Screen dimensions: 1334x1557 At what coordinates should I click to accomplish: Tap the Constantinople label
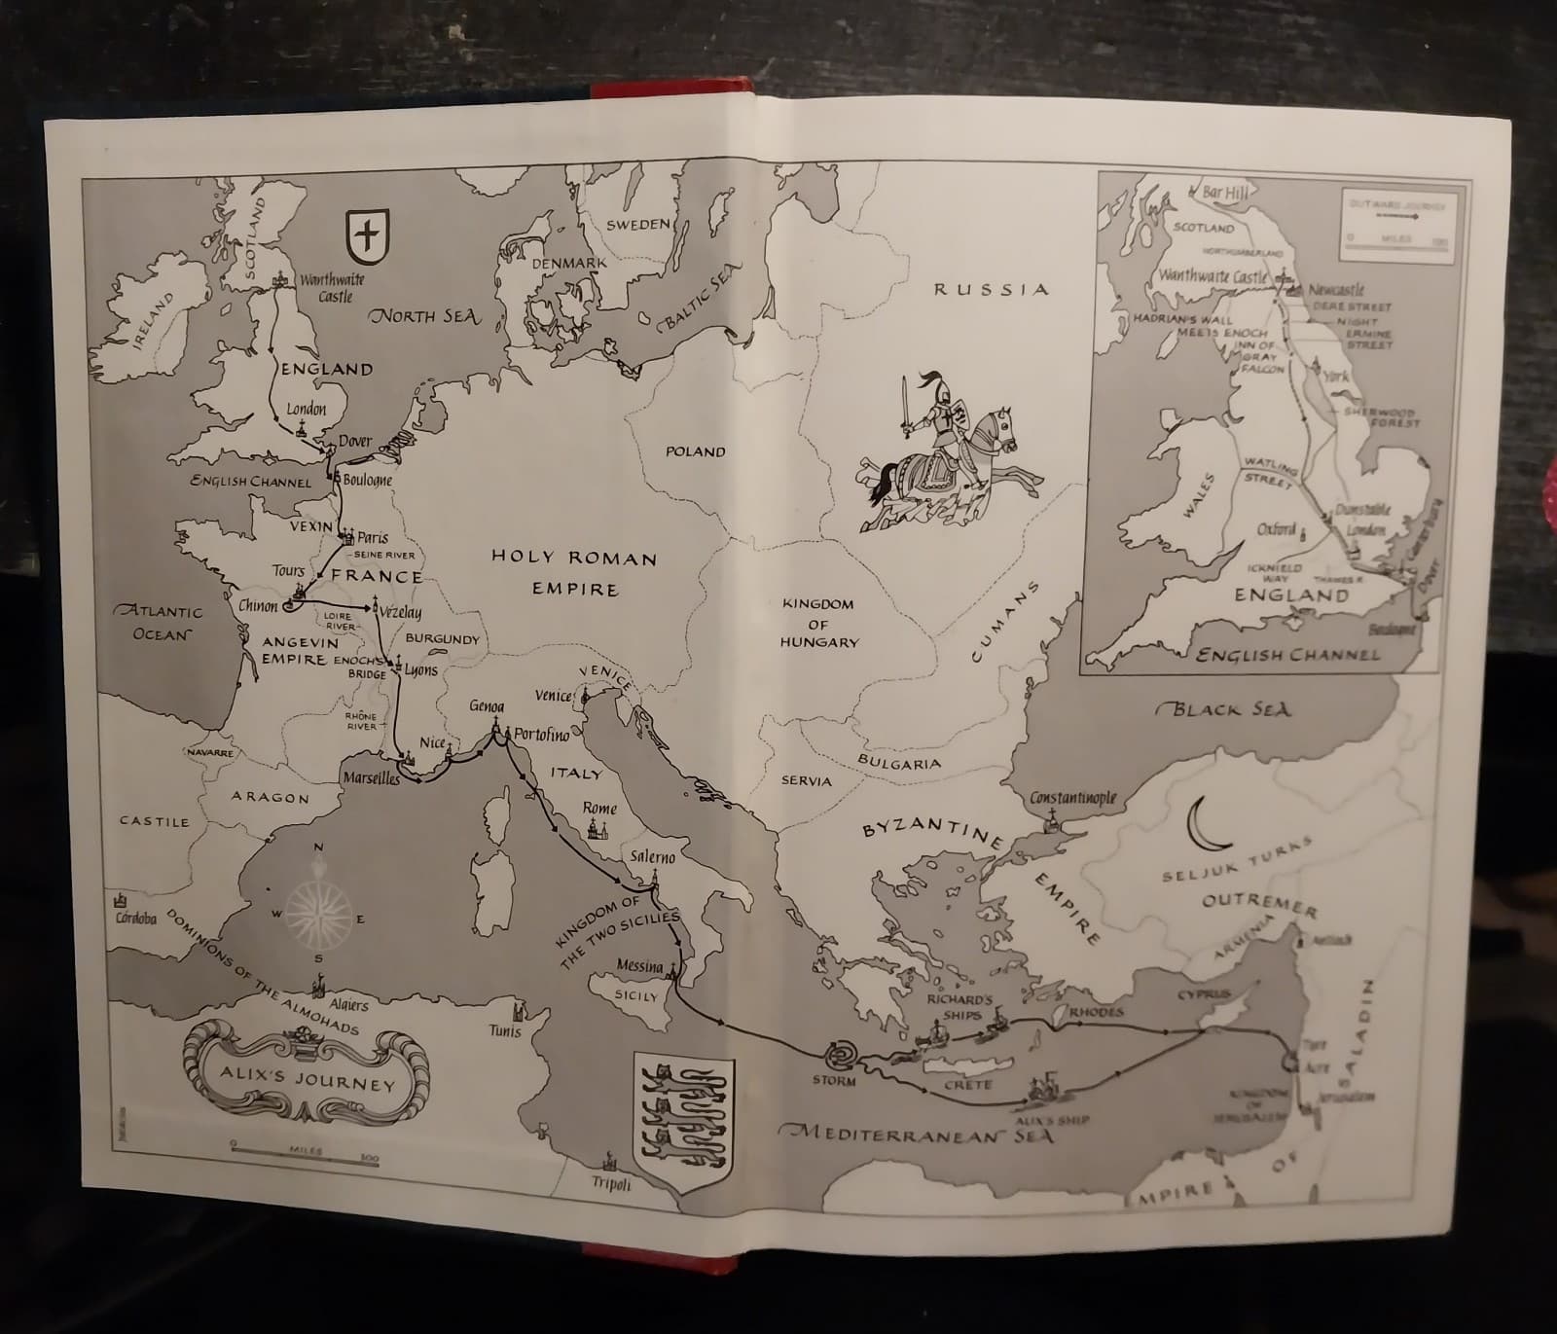tap(1072, 799)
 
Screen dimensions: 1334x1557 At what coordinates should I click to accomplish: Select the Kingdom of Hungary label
tap(818, 623)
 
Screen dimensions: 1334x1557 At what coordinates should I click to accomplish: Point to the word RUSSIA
tap(992, 289)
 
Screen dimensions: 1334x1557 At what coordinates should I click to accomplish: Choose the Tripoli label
tap(611, 1184)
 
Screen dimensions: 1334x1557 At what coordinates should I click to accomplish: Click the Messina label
tap(640, 966)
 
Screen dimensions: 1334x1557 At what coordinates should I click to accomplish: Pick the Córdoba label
tap(136, 918)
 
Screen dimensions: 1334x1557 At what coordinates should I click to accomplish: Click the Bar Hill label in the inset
tap(1224, 193)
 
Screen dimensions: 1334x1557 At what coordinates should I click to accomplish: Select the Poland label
tap(695, 451)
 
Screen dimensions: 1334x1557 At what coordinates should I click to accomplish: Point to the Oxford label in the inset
tap(1276, 529)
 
